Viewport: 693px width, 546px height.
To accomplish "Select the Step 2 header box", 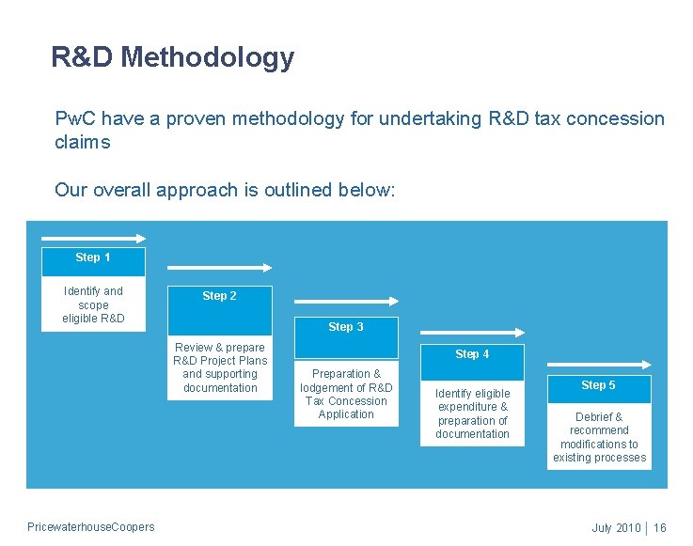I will pos(219,296).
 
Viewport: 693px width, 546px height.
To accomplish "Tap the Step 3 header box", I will pos(345,328).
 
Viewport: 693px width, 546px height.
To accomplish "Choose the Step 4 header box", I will pos(472,355).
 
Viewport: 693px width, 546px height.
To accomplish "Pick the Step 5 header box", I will pos(598,386).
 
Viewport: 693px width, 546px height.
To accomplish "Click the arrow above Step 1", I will pos(94,239).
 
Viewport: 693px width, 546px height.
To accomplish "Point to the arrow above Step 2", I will pos(220,268).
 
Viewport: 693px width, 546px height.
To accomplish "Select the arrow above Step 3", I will pos(347,302).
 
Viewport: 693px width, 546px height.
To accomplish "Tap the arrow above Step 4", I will pos(473,332).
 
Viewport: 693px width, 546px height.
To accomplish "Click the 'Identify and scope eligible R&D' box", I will pos(93,304).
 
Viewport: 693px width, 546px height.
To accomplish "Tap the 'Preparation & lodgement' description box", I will pos(346,394).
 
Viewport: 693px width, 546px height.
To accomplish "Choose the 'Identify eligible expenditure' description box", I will pos(472,413).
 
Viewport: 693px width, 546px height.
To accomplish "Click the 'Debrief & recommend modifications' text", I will pos(599,437).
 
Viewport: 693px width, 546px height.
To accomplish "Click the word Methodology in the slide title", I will pos(207,58).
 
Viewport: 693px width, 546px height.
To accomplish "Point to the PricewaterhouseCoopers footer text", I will pos(91,527).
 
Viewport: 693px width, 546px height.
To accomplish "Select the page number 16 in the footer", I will pos(659,528).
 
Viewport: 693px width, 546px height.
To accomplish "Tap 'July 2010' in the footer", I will pos(616,528).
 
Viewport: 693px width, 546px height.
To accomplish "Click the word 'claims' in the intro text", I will pos(83,143).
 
